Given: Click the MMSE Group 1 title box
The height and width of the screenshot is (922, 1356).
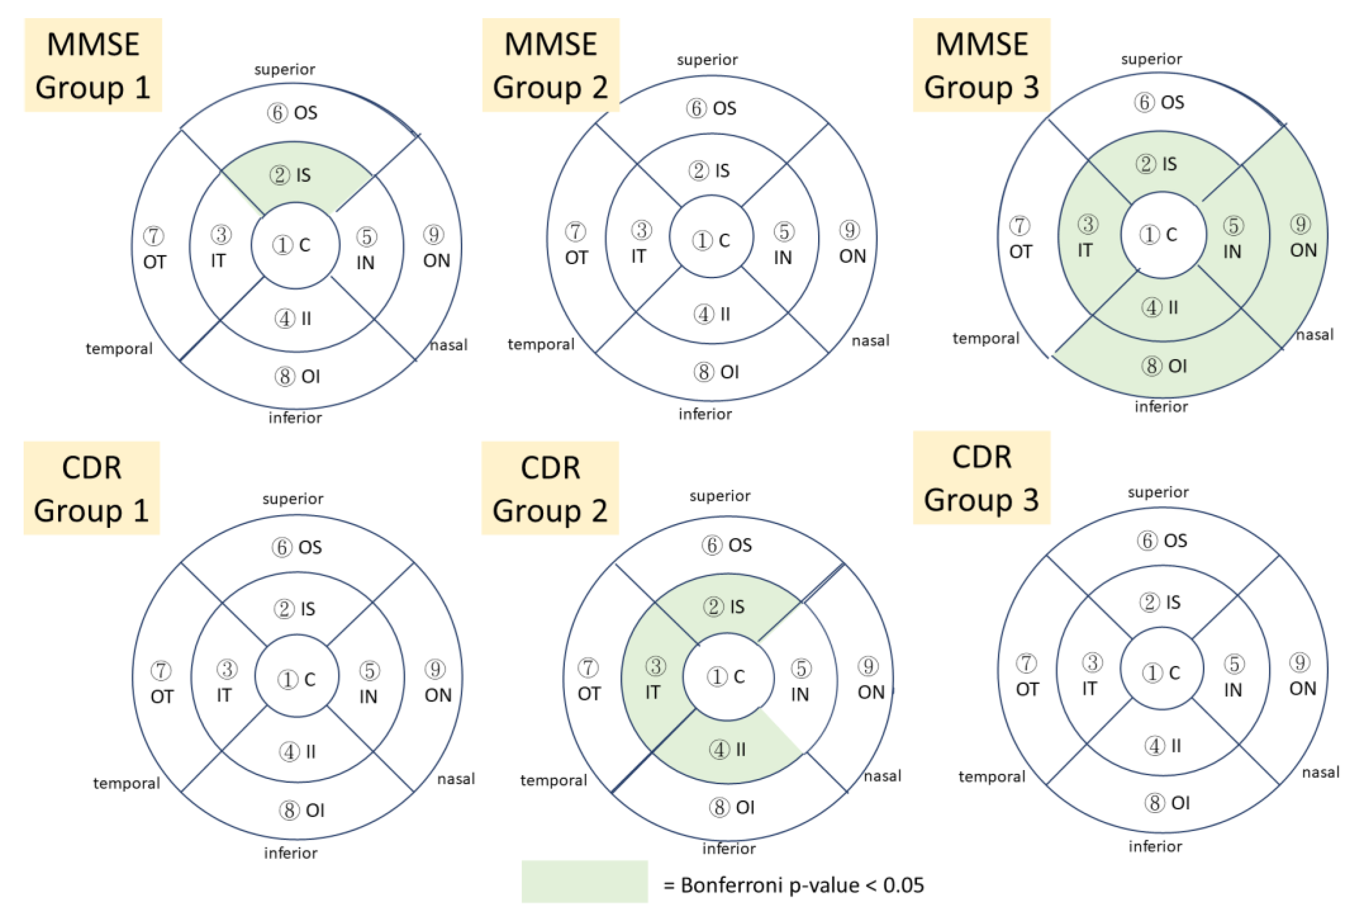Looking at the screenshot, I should click(x=93, y=65).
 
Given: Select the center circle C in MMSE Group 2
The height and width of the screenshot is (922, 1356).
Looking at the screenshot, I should click(x=711, y=240).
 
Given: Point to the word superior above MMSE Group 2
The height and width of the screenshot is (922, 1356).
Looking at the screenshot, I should click(x=707, y=59).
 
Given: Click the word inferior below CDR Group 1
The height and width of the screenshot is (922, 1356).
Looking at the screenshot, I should click(x=291, y=853).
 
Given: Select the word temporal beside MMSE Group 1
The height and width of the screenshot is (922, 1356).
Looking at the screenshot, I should click(x=119, y=349).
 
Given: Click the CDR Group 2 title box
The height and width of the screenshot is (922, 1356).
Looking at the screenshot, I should click(x=550, y=488).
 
